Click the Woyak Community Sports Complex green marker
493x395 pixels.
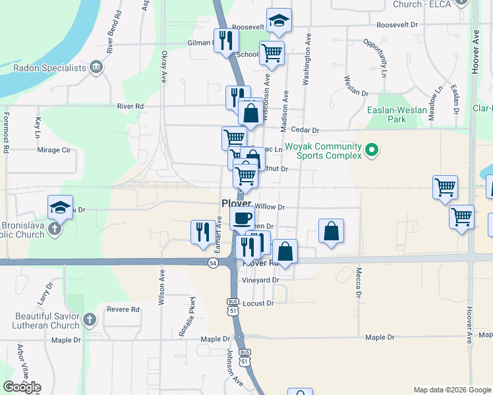[x=372, y=151]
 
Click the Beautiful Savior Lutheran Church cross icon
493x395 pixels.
[x=90, y=321]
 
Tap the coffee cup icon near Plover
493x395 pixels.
[x=242, y=217]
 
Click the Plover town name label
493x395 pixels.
[x=236, y=203]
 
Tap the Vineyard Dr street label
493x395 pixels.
[x=261, y=280]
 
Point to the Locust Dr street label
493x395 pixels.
[x=258, y=303]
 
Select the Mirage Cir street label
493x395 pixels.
[x=54, y=150]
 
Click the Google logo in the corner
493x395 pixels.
[x=22, y=386]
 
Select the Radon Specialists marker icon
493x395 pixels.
[x=96, y=67]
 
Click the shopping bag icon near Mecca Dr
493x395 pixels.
[x=331, y=231]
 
